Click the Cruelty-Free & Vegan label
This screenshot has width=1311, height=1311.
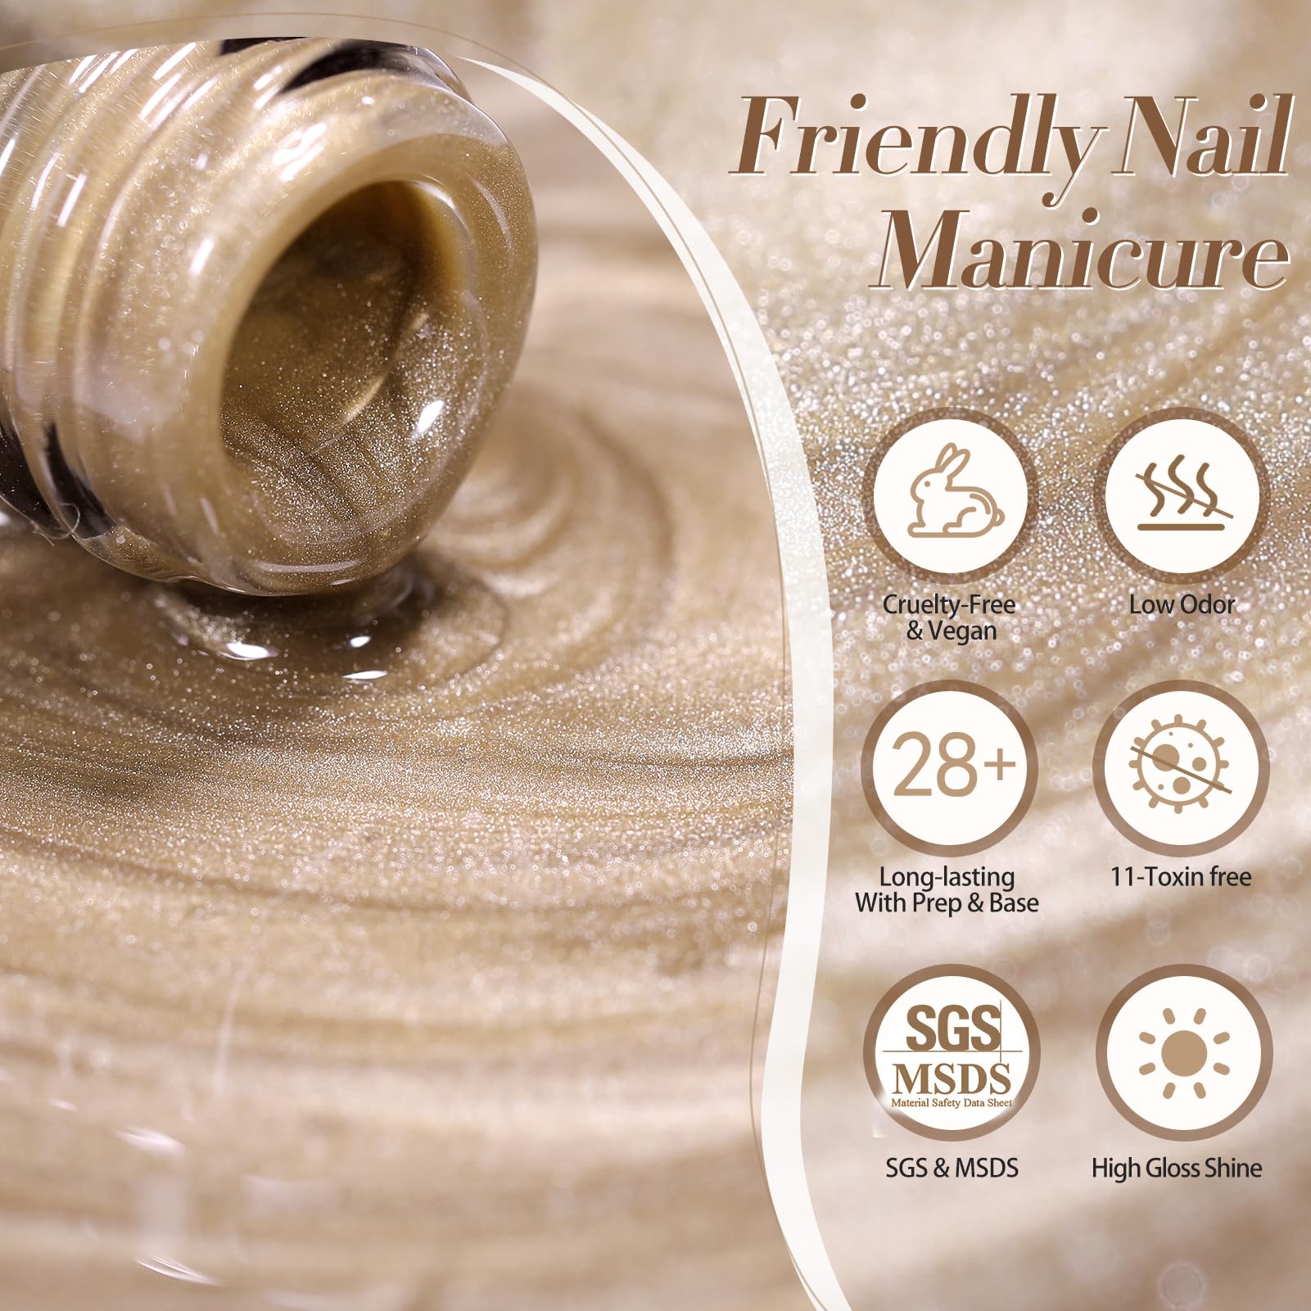point(949,617)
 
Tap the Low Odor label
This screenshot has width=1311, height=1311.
point(1182,605)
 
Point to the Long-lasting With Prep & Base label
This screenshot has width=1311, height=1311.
point(947,890)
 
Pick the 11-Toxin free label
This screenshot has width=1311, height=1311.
point(1181,877)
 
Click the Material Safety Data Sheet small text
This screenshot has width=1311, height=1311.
point(952,1103)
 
